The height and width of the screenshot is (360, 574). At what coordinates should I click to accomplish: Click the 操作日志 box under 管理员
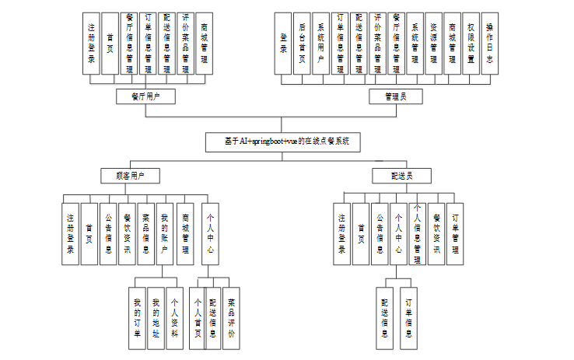(489, 43)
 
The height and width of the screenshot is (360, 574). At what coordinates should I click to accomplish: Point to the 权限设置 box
(471, 43)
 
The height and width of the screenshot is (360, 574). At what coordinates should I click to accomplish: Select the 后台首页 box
(303, 43)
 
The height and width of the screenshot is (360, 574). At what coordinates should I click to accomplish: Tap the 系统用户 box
(321, 43)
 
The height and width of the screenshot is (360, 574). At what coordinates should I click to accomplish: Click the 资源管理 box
(433, 43)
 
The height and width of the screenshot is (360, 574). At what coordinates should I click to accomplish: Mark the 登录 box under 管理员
(284, 43)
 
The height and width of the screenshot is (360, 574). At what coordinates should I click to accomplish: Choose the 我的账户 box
(165, 233)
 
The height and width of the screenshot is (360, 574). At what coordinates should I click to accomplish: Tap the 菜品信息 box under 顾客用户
(146, 233)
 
